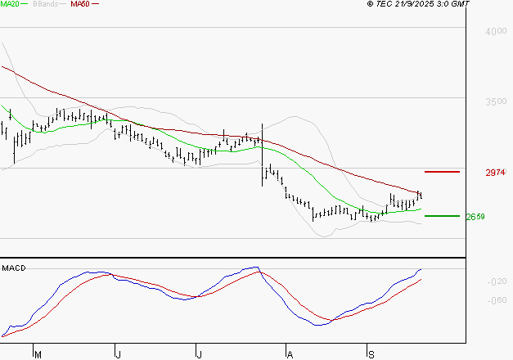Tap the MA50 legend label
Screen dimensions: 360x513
(80, 4)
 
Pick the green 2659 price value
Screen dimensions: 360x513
(475, 217)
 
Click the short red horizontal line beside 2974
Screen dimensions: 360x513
(443, 172)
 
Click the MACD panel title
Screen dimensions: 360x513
(14, 268)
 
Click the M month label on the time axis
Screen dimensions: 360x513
(37, 354)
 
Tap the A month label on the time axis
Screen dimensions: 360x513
(289, 354)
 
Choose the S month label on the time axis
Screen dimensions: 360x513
(371, 354)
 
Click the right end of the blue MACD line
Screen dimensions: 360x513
(421, 269)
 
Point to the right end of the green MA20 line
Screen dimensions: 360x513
(421, 209)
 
